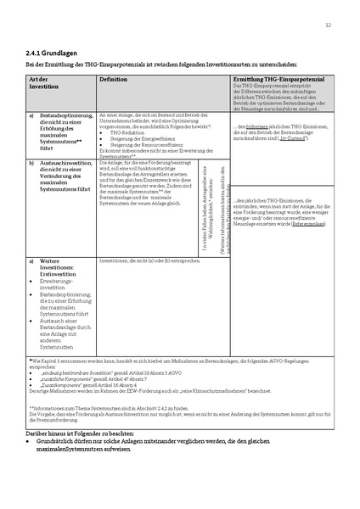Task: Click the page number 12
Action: pyautogui.click(x=328, y=25)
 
